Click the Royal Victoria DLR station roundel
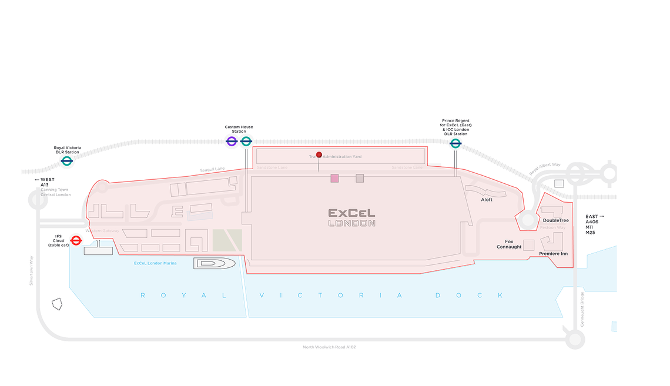point(67,160)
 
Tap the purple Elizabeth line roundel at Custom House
point(232,141)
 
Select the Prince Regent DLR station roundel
point(455,143)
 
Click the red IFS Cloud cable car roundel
point(76,240)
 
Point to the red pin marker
point(319,155)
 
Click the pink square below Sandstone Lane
point(334,178)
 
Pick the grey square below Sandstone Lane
point(360,178)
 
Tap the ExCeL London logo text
point(351,217)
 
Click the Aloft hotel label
point(487,200)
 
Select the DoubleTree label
point(555,220)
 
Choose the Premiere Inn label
point(553,253)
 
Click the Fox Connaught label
point(509,244)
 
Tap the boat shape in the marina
point(215,263)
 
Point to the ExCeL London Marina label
point(155,263)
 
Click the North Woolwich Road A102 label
point(329,347)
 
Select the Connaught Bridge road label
point(582,309)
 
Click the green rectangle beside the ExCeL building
point(227,240)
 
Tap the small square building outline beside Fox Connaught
point(529,245)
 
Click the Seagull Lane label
point(212,169)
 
